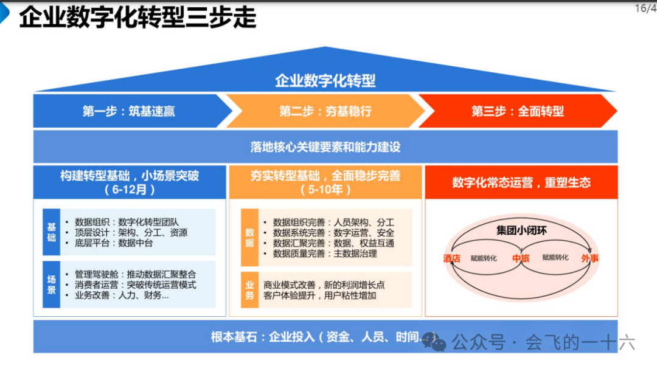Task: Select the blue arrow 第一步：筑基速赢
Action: click(129, 111)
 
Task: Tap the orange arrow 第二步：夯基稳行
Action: click(325, 111)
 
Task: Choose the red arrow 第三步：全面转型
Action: click(518, 111)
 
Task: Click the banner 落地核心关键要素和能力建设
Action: click(325, 147)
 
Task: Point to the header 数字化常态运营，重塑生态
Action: click(521, 182)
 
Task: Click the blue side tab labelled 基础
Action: click(52, 232)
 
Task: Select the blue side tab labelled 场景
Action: click(52, 285)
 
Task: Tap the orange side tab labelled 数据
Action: click(249, 238)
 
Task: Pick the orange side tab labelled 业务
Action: click(249, 290)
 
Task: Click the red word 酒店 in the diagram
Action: click(452, 258)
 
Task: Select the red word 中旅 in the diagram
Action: click(521, 258)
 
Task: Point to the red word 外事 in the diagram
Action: click(589, 258)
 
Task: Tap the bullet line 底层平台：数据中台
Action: click(114, 243)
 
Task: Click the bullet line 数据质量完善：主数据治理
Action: click(325, 253)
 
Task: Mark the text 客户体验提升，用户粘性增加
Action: click(320, 295)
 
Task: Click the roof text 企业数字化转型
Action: click(325, 80)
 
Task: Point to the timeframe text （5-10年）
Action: click(325, 189)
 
